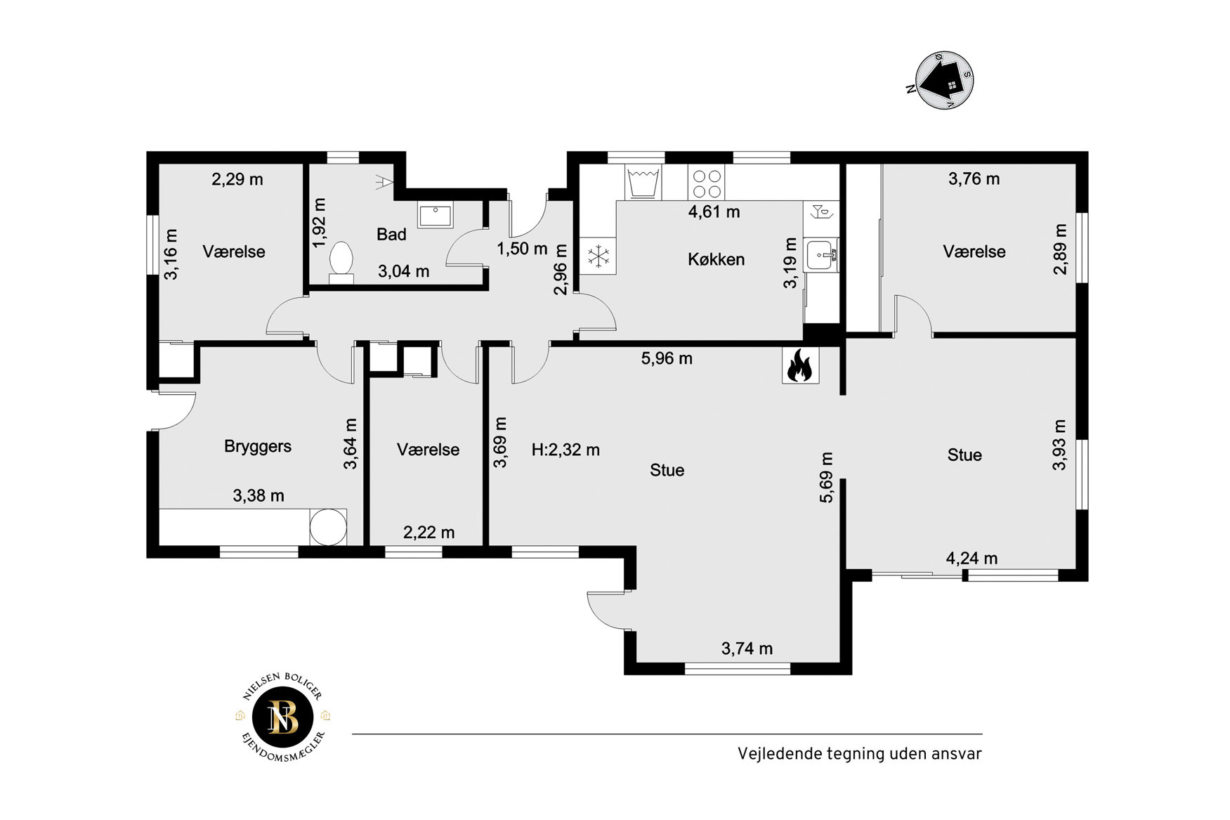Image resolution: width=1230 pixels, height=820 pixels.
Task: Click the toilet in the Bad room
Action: click(x=341, y=262)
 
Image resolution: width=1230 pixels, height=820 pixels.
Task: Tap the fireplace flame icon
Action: click(x=800, y=366)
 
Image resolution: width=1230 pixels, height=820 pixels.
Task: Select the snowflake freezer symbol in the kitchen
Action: click(x=598, y=256)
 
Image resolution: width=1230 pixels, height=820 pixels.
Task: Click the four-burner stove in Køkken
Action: click(x=706, y=183)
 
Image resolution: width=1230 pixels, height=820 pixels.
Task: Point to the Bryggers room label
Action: click(x=258, y=446)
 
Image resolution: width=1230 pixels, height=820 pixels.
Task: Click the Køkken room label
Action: click(x=716, y=259)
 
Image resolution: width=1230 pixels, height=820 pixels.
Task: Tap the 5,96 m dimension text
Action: click(x=667, y=358)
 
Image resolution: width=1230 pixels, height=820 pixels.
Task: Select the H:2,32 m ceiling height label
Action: click(x=565, y=450)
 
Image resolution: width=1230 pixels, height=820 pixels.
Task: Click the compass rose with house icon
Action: click(x=943, y=80)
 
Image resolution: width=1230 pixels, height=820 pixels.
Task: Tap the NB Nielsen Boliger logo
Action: click(x=284, y=718)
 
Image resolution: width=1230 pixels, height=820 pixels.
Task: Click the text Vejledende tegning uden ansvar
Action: click(x=859, y=753)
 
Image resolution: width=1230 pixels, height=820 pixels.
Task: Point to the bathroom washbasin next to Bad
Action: click(x=435, y=214)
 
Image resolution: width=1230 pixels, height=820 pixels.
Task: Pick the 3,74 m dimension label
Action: click(x=747, y=649)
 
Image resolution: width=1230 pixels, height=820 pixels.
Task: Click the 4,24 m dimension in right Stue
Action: click(x=971, y=559)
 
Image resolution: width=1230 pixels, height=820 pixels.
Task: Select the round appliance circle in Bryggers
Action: click(x=328, y=527)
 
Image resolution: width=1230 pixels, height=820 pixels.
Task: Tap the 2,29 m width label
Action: click(x=237, y=179)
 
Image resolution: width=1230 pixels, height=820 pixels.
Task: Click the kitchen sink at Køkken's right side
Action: click(x=821, y=255)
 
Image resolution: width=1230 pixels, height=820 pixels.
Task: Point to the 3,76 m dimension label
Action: click(x=974, y=178)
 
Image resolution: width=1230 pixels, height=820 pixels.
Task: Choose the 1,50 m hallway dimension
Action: click(x=522, y=249)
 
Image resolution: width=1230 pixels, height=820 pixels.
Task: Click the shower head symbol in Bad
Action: click(x=382, y=181)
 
